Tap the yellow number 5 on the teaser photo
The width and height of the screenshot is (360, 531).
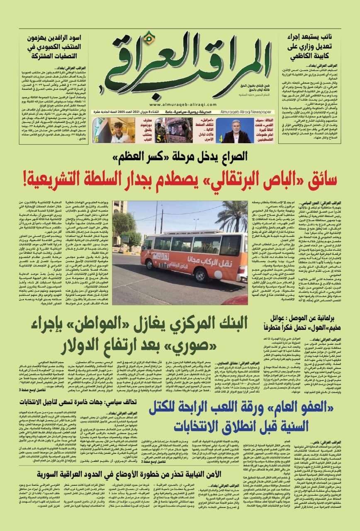click(x=158, y=139)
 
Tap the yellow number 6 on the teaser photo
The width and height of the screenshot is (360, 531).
click(x=96, y=139)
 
